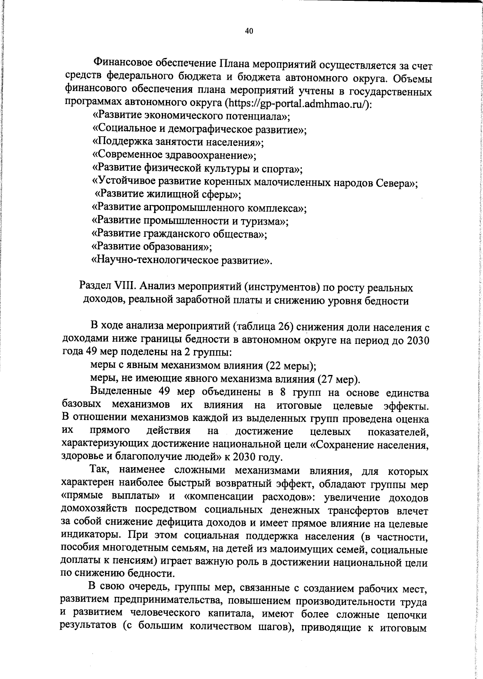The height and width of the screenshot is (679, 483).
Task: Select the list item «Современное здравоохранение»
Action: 174,155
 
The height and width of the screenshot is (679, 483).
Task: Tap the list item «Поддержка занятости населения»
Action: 178,142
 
